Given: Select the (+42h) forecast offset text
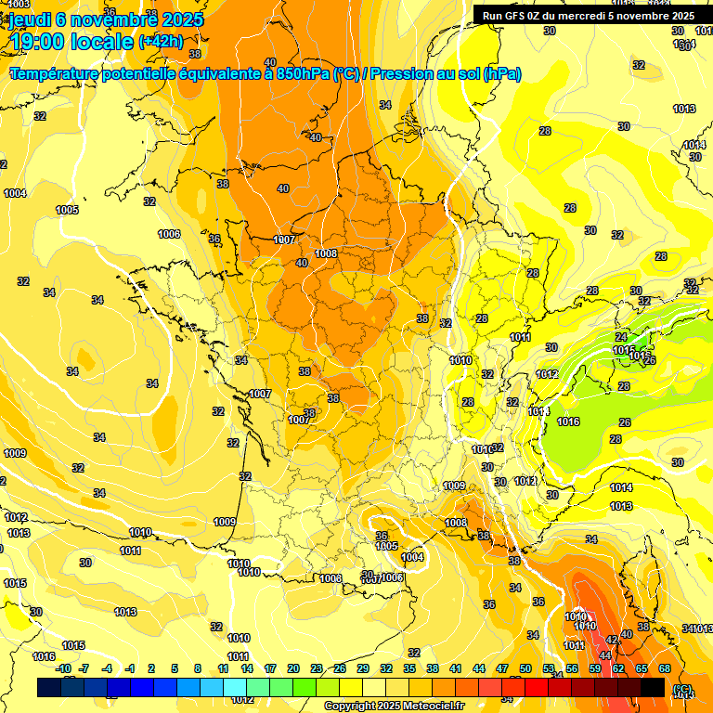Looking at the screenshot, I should pyautogui.click(x=161, y=42).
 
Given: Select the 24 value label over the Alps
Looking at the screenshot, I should pyautogui.click(x=622, y=337).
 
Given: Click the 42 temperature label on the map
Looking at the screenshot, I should pyautogui.click(x=612, y=640).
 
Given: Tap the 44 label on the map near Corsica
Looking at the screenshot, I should pyautogui.click(x=605, y=655).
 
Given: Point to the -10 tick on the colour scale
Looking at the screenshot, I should pyautogui.click(x=63, y=668).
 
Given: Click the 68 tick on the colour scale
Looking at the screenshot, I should pyautogui.click(x=665, y=668).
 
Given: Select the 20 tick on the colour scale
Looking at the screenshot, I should pyautogui.click(x=293, y=668).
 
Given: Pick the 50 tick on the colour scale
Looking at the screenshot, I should pyautogui.click(x=525, y=668).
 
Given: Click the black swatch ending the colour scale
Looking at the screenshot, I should pyautogui.click(x=653, y=688).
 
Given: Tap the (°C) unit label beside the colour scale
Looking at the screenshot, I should pyautogui.click(x=683, y=688).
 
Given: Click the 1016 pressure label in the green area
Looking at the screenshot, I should pyautogui.click(x=568, y=422).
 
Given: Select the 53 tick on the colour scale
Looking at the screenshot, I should pyautogui.click(x=549, y=668).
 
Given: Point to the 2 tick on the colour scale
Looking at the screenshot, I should pyautogui.click(x=152, y=668).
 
